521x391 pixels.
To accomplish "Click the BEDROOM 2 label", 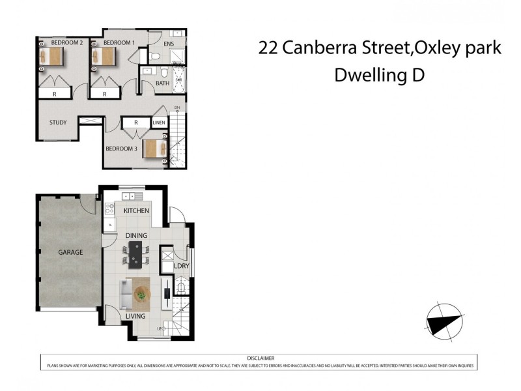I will point(67,43).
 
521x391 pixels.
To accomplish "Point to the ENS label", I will point(169,44).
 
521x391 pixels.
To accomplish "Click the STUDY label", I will point(58,123).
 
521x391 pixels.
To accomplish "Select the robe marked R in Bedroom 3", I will point(136,123).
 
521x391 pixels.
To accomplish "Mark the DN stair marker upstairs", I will point(176,108).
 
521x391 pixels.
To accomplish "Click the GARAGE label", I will point(70,252).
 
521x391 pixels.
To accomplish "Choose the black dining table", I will point(135,255).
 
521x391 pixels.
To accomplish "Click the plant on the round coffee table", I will point(141,295).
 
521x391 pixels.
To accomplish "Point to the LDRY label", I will point(181,266).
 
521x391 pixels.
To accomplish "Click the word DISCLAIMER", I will point(260,358).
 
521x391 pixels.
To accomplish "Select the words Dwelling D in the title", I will point(379,75).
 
